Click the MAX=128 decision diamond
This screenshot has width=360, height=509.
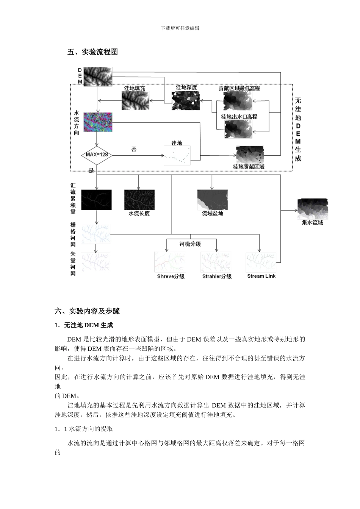pyautogui.click(x=97, y=155)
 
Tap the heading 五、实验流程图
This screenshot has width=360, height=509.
pyautogui.click(x=92, y=52)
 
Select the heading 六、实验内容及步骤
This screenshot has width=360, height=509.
pyautogui.click(x=87, y=311)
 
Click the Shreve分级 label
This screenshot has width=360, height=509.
pyautogui.click(x=171, y=276)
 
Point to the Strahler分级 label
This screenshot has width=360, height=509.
pyautogui.click(x=217, y=276)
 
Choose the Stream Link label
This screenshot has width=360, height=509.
pyautogui.click(x=261, y=276)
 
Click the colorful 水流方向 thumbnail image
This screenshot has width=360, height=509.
pyautogui.click(x=97, y=122)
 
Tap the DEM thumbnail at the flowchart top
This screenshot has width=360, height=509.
pyautogui.click(x=98, y=76)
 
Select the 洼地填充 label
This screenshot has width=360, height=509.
pyautogui.click(x=135, y=88)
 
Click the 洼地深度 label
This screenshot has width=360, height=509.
pyautogui.click(x=186, y=87)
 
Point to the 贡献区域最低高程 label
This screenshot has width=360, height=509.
pyautogui.click(x=239, y=88)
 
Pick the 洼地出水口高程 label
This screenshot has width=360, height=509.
pyautogui.click(x=239, y=117)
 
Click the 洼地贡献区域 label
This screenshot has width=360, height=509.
pyautogui.click(x=249, y=167)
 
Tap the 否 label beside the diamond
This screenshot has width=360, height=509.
pyautogui.click(x=134, y=149)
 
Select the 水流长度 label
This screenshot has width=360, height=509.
pyautogui.click(x=139, y=214)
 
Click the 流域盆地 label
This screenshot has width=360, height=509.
pyautogui.click(x=212, y=214)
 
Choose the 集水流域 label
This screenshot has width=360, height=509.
pyautogui.click(x=312, y=223)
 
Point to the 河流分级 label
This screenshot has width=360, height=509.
pyautogui.click(x=190, y=244)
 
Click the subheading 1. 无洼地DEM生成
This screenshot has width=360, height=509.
pyautogui.click(x=84, y=325)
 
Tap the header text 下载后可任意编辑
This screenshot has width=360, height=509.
pyautogui.click(x=180, y=28)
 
